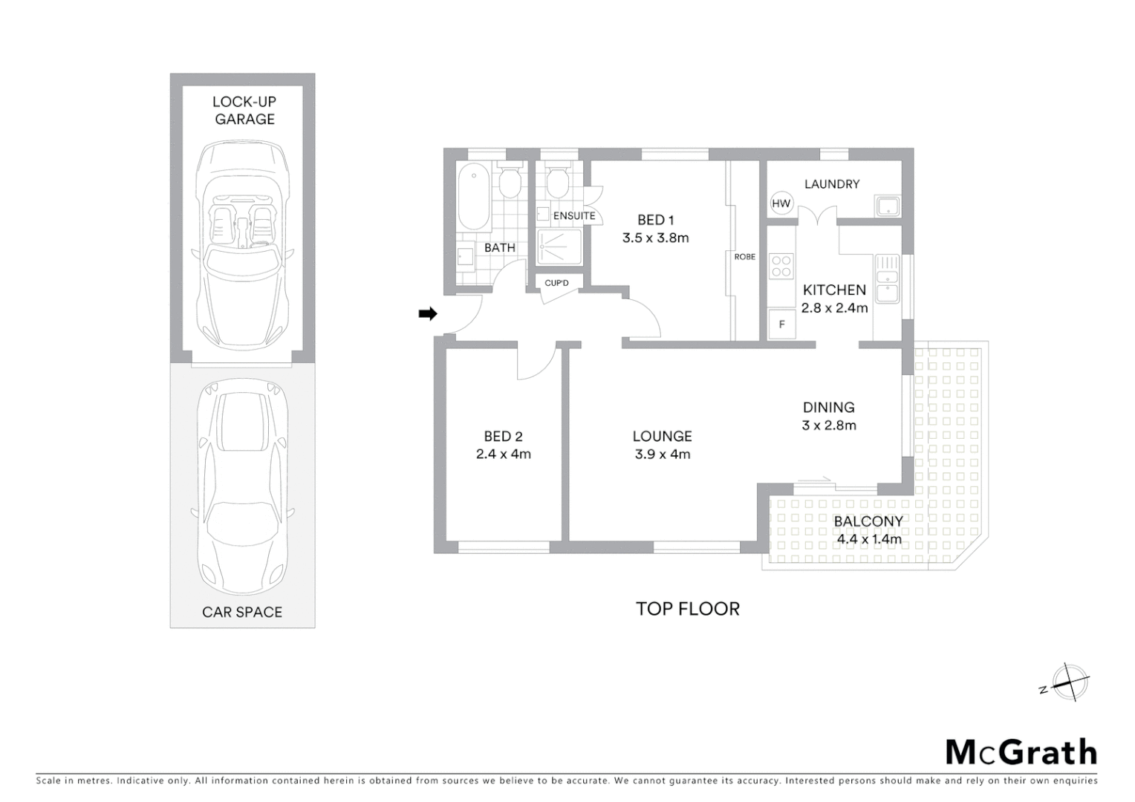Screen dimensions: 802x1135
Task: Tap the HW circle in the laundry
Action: click(x=781, y=203)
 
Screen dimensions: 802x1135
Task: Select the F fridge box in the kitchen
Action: click(x=781, y=325)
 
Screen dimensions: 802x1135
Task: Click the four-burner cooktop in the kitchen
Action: click(x=781, y=266)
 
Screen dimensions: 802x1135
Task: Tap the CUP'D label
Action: click(x=556, y=283)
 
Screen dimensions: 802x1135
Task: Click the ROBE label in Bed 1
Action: click(x=744, y=257)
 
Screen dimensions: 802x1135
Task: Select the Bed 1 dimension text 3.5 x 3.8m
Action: click(x=655, y=238)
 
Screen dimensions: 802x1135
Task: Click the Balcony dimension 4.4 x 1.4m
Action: click(x=868, y=540)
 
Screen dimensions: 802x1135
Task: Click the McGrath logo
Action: click(x=1021, y=752)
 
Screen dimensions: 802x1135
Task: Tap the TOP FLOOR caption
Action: click(x=688, y=609)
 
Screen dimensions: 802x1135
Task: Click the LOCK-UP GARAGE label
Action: click(x=244, y=111)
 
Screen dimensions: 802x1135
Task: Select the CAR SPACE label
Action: click(x=242, y=613)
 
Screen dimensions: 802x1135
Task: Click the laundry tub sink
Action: click(x=887, y=206)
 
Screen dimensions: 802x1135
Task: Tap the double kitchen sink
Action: click(x=887, y=278)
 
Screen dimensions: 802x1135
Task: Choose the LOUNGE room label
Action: click(x=662, y=437)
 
